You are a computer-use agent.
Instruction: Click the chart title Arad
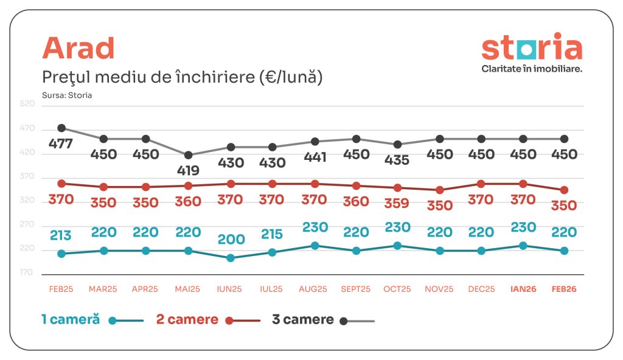[78, 48]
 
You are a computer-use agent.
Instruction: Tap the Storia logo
[531, 52]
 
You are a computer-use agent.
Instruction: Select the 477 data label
[61, 144]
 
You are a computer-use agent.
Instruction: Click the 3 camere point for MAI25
[188, 155]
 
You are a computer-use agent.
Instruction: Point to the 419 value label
[188, 171]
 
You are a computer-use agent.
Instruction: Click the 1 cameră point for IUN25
[230, 258]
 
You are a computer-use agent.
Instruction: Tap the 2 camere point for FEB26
[564, 190]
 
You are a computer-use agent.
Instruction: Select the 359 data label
[397, 204]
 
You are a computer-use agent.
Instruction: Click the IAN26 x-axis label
[523, 289]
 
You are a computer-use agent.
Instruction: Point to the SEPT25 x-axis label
[356, 289]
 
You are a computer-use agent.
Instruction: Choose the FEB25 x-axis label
[61, 289]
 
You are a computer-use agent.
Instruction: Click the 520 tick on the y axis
[27, 105]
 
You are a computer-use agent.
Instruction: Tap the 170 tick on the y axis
[27, 272]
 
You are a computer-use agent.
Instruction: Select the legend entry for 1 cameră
[92, 320]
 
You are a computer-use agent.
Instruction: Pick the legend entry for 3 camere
[322, 320]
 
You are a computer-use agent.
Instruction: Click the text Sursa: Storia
[67, 95]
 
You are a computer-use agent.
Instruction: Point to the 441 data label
[314, 157]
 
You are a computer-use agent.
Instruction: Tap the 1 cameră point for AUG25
[314, 246]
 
